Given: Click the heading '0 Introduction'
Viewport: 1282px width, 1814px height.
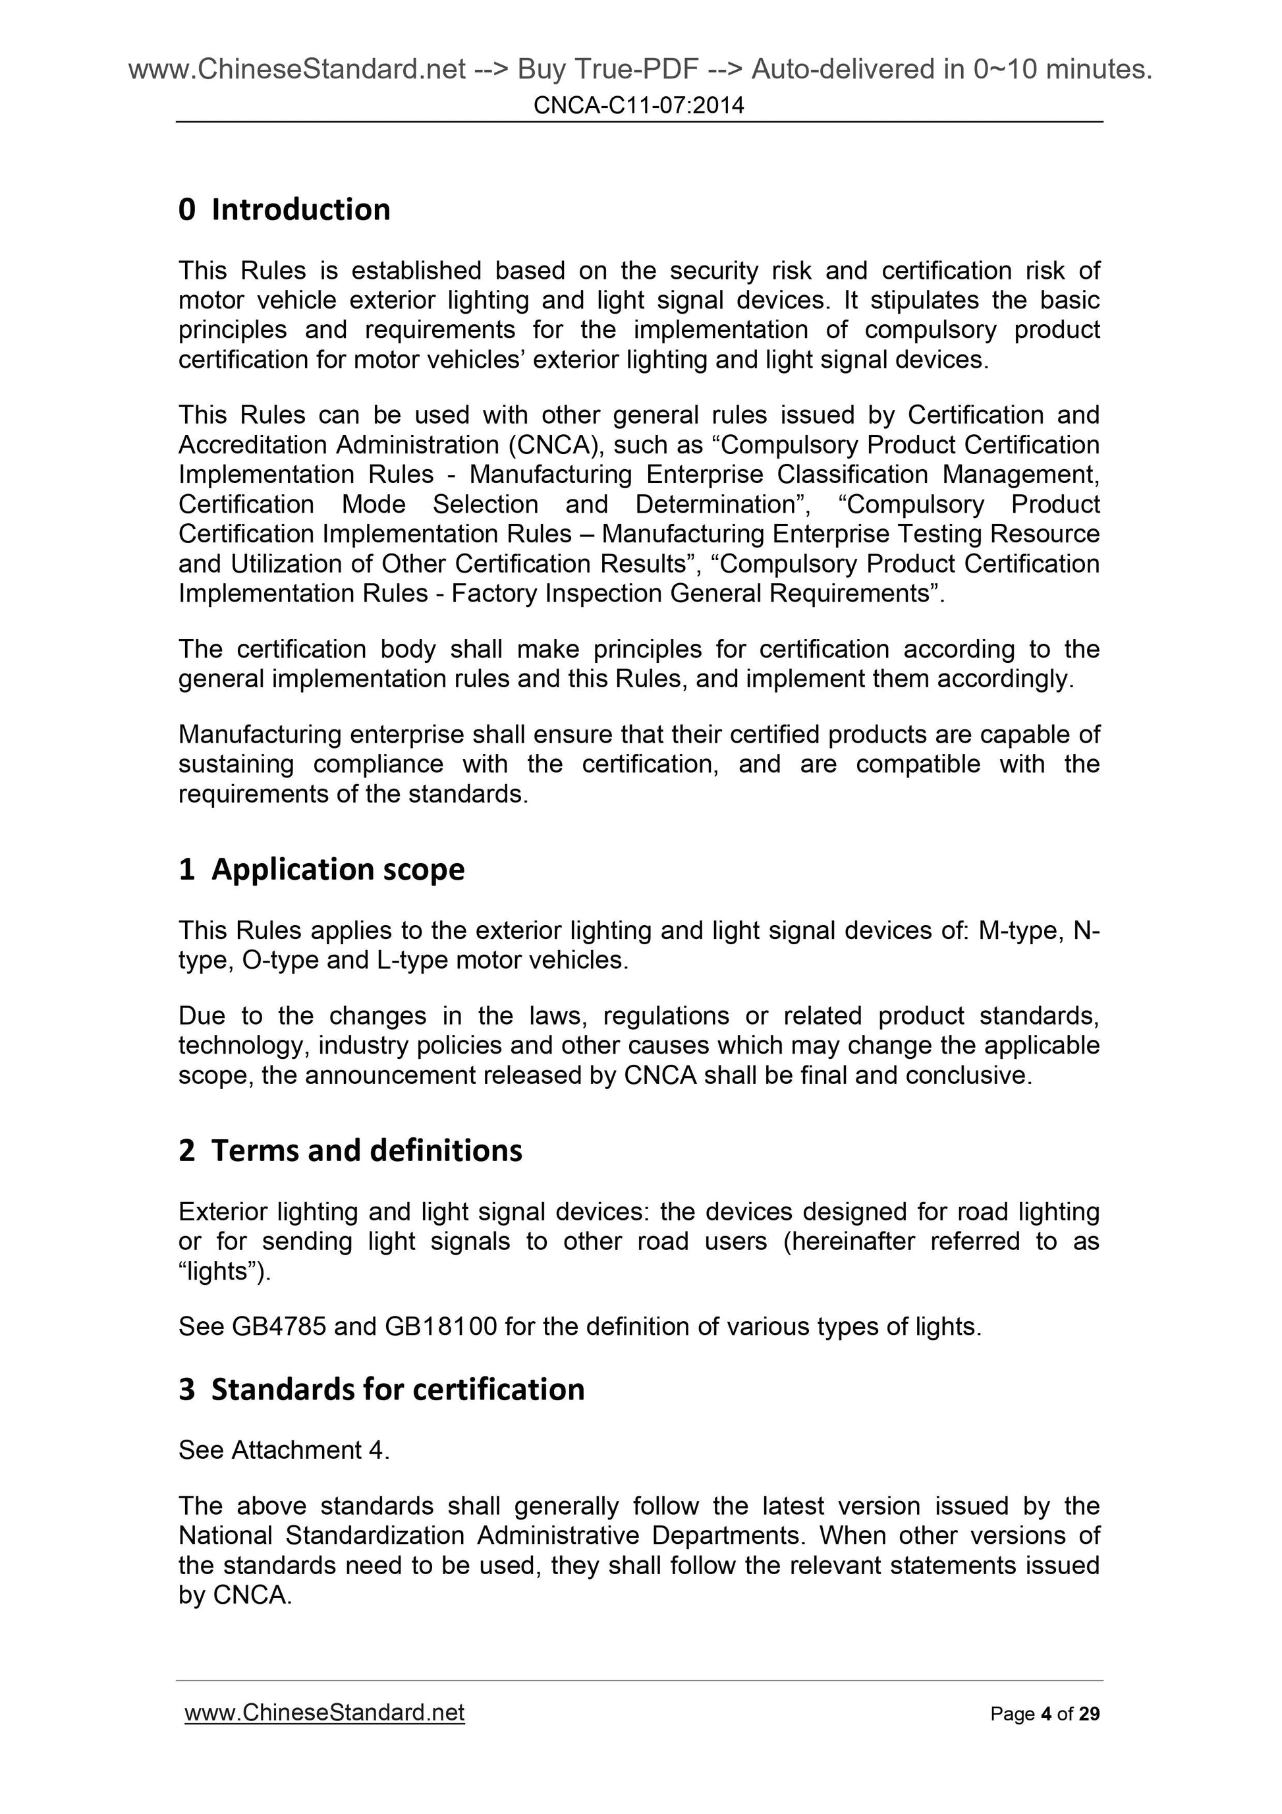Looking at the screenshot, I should pos(285,210).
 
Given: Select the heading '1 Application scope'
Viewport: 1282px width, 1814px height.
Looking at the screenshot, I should pos(321,869).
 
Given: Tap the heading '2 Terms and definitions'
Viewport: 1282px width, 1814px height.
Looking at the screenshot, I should pos(350,1150).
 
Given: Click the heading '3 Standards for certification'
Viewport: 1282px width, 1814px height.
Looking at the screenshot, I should pos(381,1389).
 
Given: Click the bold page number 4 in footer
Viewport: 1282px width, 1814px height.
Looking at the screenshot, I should pos(1045,1714).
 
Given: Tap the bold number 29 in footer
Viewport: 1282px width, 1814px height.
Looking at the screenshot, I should pos(1089,1714).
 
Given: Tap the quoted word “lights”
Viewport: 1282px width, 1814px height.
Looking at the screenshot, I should pos(223,1271).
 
